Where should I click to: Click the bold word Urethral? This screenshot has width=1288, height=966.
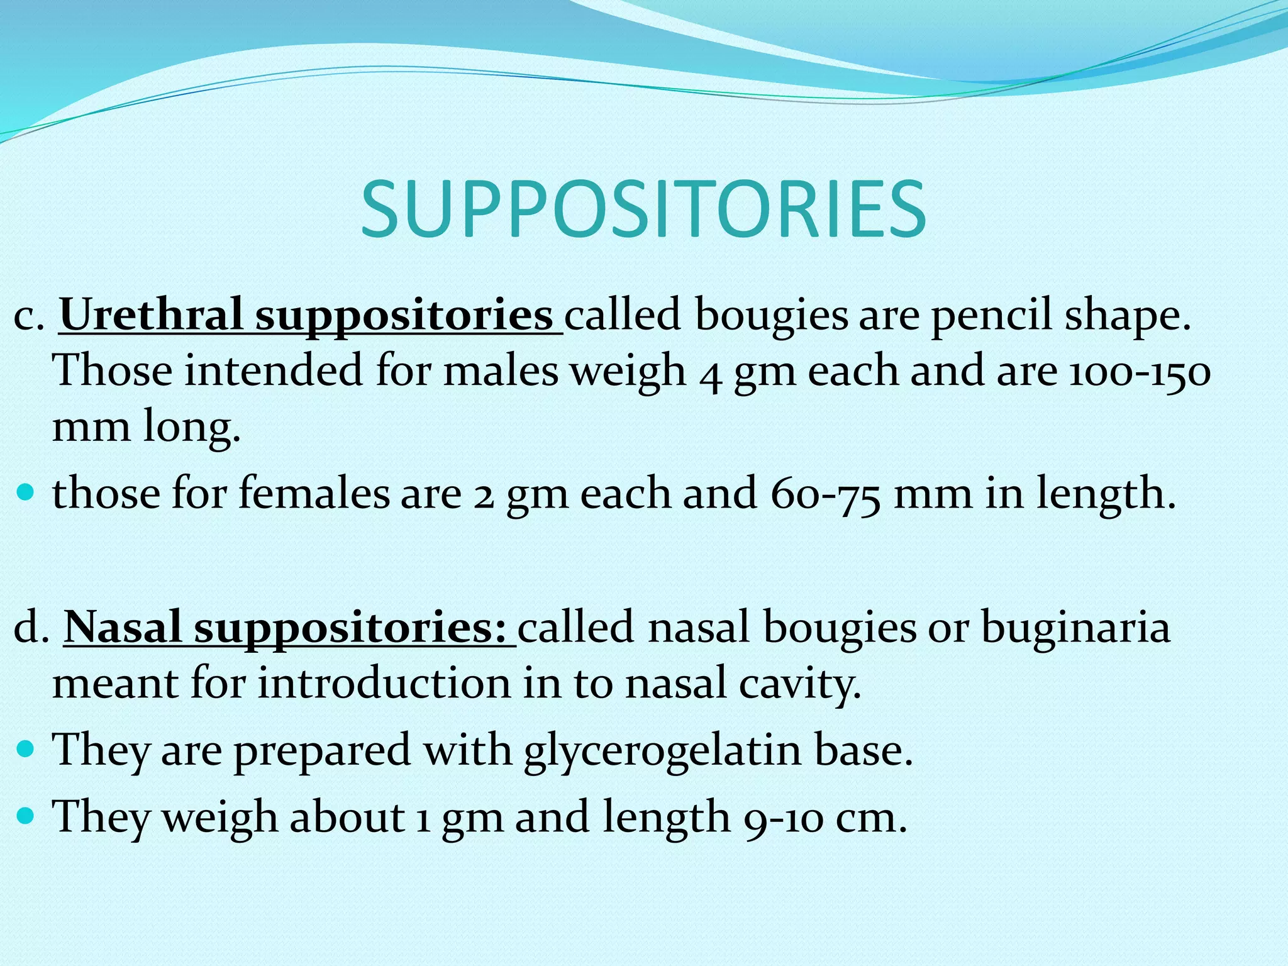(x=151, y=314)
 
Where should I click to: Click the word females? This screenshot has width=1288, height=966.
(x=314, y=493)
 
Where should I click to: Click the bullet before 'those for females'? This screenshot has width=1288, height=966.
(x=26, y=491)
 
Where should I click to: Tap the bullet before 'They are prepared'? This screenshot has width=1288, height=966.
(x=26, y=749)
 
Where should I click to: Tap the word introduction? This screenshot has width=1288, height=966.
(x=384, y=683)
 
